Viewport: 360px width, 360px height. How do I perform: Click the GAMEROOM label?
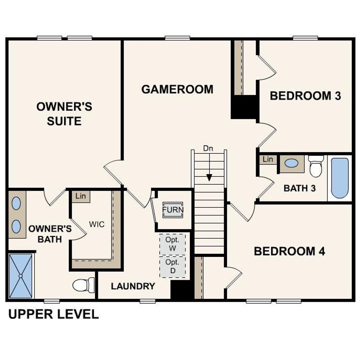pyautogui.click(x=177, y=89)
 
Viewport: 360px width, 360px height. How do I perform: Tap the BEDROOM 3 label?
pyautogui.click(x=305, y=96)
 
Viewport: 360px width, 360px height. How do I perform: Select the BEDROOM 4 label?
pyautogui.click(x=289, y=251)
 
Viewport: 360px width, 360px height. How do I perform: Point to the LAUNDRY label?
pyautogui.click(x=133, y=286)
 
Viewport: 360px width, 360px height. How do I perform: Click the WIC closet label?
pyautogui.click(x=96, y=224)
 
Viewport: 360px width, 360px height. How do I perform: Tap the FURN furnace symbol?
pyautogui.click(x=173, y=210)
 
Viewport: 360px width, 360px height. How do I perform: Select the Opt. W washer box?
pyautogui.click(x=172, y=244)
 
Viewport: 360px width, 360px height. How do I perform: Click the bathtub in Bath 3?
pyautogui.click(x=340, y=178)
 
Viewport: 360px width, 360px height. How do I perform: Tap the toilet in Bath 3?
pyautogui.click(x=316, y=166)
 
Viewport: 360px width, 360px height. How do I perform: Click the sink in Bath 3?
pyautogui.click(x=291, y=163)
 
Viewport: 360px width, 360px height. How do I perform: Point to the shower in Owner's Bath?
pyautogui.click(x=21, y=276)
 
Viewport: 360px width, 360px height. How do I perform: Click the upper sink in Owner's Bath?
pyautogui.click(x=16, y=203)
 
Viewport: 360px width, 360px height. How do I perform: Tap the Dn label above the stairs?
pyautogui.click(x=208, y=148)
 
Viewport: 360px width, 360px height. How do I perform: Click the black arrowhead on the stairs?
pyautogui.click(x=209, y=177)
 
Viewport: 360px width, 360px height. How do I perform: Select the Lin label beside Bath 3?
pyautogui.click(x=268, y=159)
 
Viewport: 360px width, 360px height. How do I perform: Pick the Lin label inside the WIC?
pyautogui.click(x=81, y=196)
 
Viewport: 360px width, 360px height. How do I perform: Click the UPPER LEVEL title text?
pyautogui.click(x=53, y=314)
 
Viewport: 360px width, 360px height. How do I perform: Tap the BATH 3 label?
pyautogui.click(x=300, y=188)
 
